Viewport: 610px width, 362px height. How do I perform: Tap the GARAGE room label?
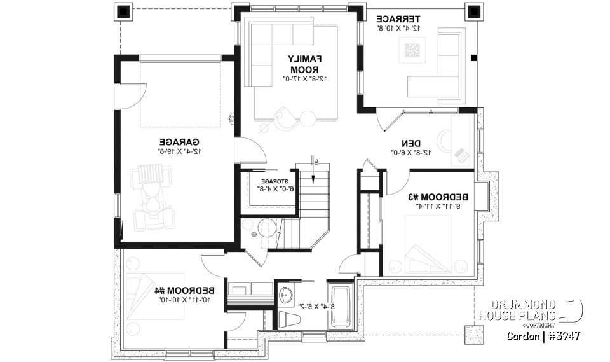(x=179, y=141)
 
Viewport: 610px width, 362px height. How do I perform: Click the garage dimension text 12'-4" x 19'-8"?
(x=179, y=151)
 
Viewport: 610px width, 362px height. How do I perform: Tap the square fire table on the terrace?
(x=412, y=50)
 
